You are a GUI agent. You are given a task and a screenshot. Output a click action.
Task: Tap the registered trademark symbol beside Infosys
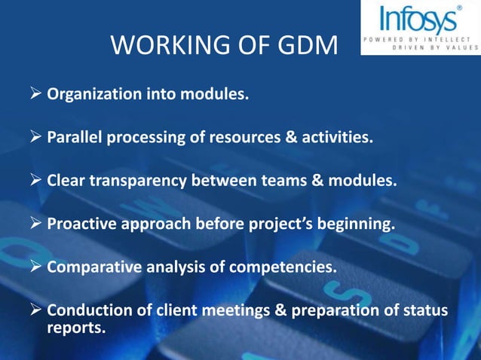click(x=459, y=8)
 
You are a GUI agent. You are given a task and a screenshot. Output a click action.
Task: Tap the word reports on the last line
click(x=75, y=328)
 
